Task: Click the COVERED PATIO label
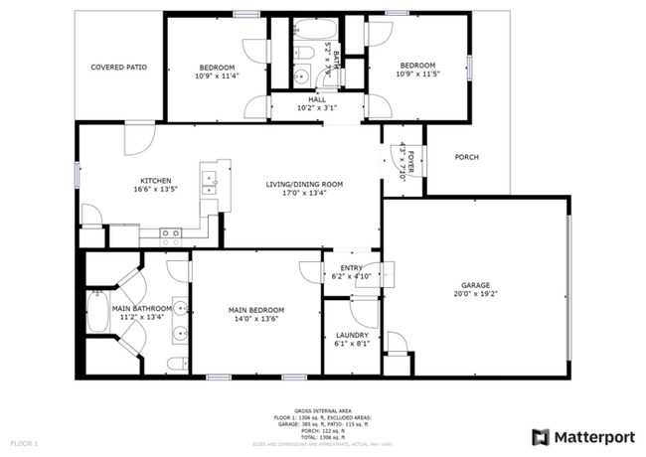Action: [119, 68]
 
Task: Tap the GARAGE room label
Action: [474, 284]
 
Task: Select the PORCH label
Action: [467, 157]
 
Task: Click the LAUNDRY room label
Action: [352, 335]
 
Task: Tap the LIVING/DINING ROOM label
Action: [304, 184]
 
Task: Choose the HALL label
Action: [317, 99]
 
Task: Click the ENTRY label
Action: [352, 267]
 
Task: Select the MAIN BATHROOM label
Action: [141, 308]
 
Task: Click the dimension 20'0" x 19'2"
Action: [474, 294]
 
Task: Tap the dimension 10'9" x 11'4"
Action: [215, 76]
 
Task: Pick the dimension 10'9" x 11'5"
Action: [417, 75]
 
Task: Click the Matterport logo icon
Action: [540, 436]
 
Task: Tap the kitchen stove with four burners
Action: [171, 235]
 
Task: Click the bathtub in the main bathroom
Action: [98, 314]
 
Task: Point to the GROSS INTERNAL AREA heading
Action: [323, 408]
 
